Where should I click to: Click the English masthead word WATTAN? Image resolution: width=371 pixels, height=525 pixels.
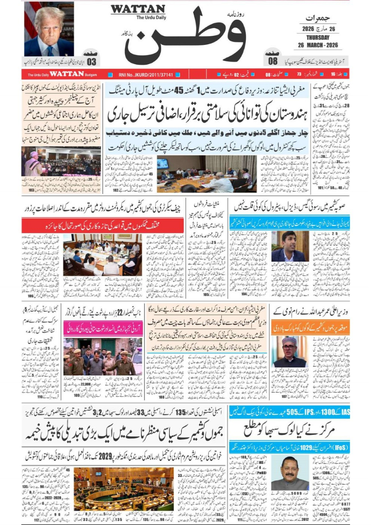[x=138, y=9]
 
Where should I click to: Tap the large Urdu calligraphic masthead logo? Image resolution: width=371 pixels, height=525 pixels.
[x=185, y=37]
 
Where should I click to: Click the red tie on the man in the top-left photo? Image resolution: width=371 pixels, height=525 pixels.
[x=49, y=51]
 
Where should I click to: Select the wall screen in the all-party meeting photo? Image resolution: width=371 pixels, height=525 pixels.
[x=162, y=163]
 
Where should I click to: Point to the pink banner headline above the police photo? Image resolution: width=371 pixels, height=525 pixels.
[x=103, y=328]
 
